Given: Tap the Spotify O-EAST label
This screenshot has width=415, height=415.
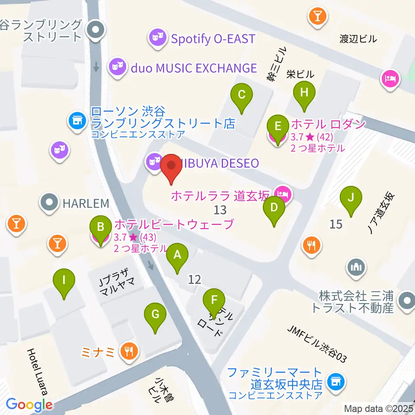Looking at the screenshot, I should [x=213, y=39].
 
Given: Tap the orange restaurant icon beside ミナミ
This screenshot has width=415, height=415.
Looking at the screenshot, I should [x=129, y=351].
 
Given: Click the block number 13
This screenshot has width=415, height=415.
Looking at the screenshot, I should [x=220, y=210].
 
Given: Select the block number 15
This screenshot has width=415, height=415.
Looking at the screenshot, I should [x=336, y=224].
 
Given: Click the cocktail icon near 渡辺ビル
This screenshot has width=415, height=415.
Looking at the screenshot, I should [x=318, y=17].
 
